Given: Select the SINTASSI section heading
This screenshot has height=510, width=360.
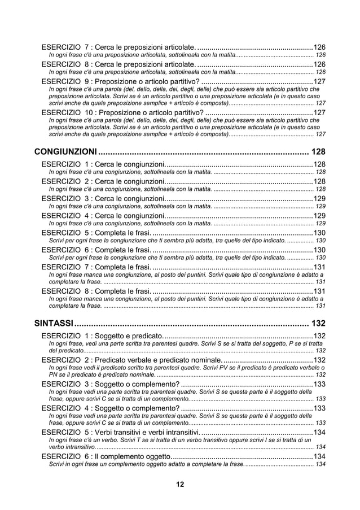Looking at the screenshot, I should pos(54,324).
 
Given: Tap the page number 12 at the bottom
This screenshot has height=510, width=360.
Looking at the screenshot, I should pos(179,484).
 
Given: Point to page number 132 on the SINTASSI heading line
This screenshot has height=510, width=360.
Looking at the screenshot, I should pos(318,324).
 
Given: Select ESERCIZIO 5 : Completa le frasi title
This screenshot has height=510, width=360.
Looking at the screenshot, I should pos(96,233).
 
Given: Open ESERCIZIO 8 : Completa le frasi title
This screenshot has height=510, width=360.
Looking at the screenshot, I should pos(96,291).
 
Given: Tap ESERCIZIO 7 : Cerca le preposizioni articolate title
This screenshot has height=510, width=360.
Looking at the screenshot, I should pos(118,47).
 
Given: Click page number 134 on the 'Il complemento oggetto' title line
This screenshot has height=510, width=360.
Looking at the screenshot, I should pos(319,456).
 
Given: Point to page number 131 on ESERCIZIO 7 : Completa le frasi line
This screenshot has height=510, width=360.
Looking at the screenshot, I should pos(319,267).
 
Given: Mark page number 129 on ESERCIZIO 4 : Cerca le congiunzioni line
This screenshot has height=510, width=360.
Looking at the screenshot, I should pos(319,216).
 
